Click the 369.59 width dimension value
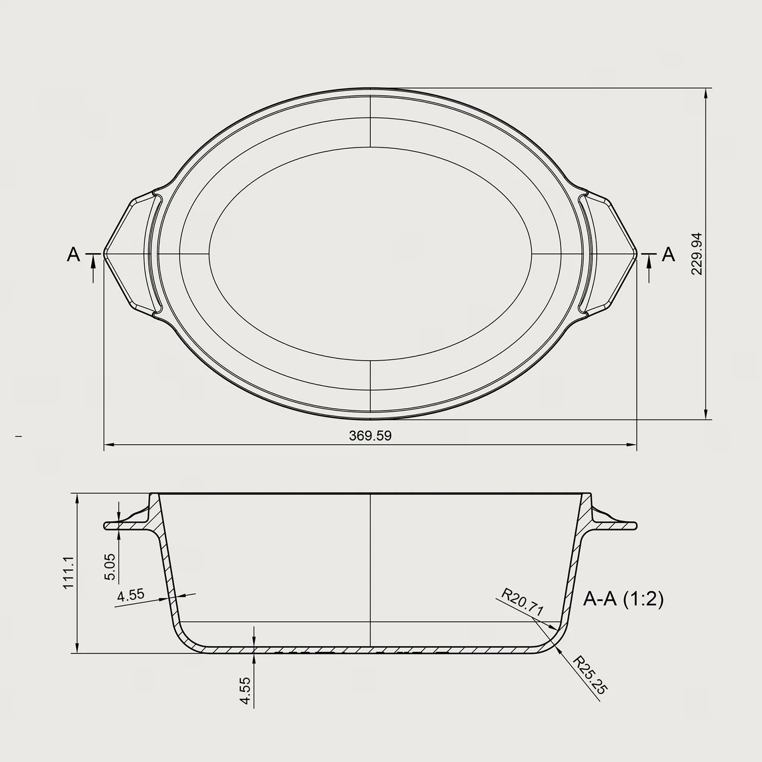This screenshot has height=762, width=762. coord(370,436)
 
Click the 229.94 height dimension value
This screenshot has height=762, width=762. coord(696,253)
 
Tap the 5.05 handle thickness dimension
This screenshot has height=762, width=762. coord(110,566)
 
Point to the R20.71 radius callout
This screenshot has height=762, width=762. coord(522,602)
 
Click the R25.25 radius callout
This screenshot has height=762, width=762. coord(590,674)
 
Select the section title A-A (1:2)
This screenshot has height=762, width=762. coord(623,600)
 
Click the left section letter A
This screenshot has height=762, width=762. coord(73,255)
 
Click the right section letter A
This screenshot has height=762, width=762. coord(668,255)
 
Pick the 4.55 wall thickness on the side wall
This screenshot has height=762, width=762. coord(131,595)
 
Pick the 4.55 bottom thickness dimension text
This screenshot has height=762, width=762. coord(245,692)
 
